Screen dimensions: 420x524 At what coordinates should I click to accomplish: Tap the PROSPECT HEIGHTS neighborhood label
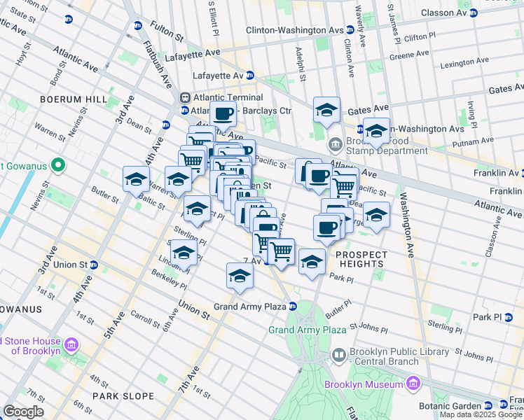[359, 259]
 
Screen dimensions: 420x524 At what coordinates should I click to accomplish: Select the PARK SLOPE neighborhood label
[123, 396]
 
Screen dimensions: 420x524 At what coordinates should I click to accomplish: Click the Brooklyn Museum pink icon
[413, 383]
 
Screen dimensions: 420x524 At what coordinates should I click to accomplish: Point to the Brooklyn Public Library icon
[339, 356]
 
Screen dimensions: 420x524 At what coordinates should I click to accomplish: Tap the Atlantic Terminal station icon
[186, 98]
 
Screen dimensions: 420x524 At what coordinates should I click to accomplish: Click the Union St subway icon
[93, 265]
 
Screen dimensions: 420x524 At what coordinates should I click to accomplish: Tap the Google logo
[23, 412]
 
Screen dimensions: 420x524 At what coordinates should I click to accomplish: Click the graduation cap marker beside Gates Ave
[326, 111]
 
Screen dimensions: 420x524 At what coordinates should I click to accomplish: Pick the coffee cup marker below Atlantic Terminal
[223, 114]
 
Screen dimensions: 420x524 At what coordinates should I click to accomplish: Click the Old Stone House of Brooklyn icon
[70, 345]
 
